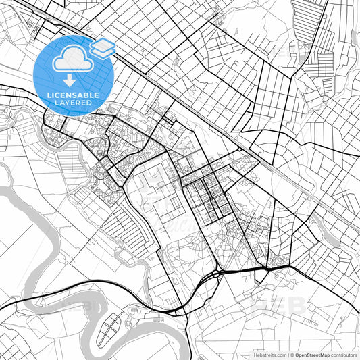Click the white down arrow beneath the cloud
click(70, 75)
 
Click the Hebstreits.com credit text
click(269, 354)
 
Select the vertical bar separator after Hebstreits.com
click(288, 354)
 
